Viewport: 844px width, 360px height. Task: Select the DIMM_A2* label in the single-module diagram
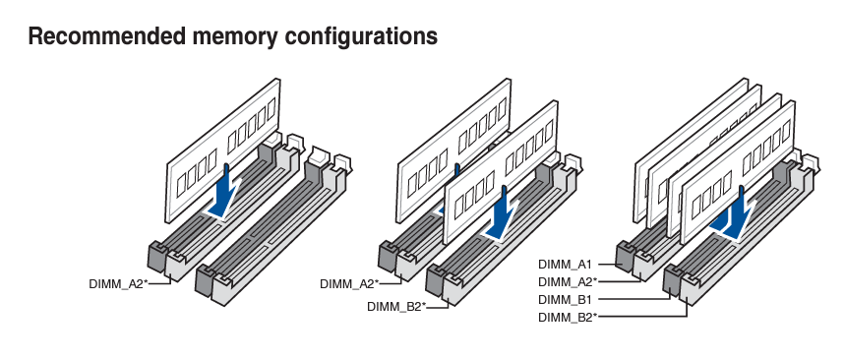pyautogui.click(x=118, y=283)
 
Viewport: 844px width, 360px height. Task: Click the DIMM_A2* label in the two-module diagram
pyautogui.click(x=349, y=283)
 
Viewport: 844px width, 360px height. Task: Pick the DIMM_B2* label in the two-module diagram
pyautogui.click(x=396, y=307)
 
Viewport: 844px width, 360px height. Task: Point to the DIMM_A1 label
pyautogui.click(x=565, y=265)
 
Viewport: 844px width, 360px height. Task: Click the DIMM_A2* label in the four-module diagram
pyautogui.click(x=568, y=281)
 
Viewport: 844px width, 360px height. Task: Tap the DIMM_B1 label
pyautogui.click(x=565, y=299)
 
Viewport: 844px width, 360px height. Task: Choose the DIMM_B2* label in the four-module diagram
pyautogui.click(x=568, y=317)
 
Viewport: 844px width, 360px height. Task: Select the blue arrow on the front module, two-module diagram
pyautogui.click(x=502, y=214)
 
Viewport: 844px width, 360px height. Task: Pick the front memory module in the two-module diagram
pyautogui.click(x=500, y=172)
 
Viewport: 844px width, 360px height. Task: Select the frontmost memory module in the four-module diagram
pyautogui.click(x=738, y=172)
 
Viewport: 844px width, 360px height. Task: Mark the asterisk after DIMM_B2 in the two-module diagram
pyautogui.click(x=424, y=305)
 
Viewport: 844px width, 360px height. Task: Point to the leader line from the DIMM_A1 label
pyautogui.click(x=606, y=265)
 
